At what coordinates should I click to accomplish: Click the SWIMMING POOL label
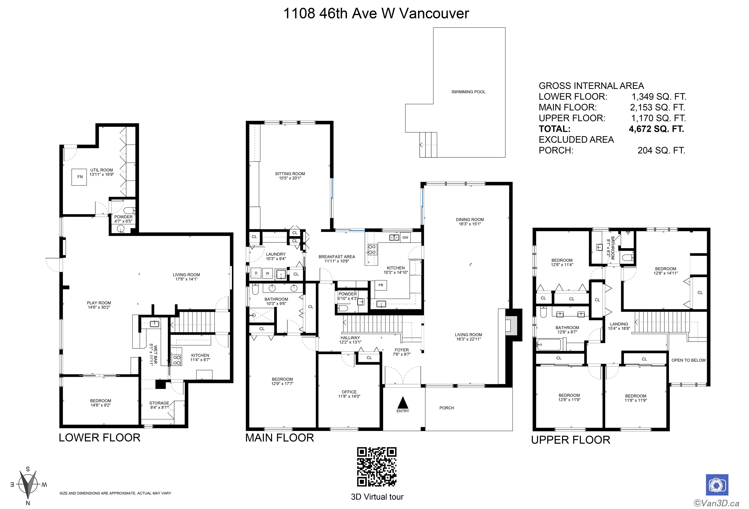[468, 92]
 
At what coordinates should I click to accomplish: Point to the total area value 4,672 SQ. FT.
[656, 129]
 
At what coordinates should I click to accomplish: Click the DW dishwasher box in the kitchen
[405, 237]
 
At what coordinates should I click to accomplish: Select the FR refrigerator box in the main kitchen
[381, 285]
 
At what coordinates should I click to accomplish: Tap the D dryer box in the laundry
[256, 273]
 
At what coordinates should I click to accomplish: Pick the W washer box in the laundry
[267, 273]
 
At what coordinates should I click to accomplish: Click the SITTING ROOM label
[290, 174]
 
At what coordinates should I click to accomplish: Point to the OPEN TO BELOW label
[688, 360]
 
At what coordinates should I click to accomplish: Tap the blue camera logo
[717, 485]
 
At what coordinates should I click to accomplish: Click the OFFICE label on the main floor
[349, 392]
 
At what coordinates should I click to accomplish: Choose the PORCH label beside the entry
[447, 408]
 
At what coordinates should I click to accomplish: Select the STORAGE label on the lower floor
[159, 403]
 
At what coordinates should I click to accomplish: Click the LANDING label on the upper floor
[619, 324]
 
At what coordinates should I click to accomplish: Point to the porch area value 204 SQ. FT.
[661, 150]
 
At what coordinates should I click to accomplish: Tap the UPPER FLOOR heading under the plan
[571, 440]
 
